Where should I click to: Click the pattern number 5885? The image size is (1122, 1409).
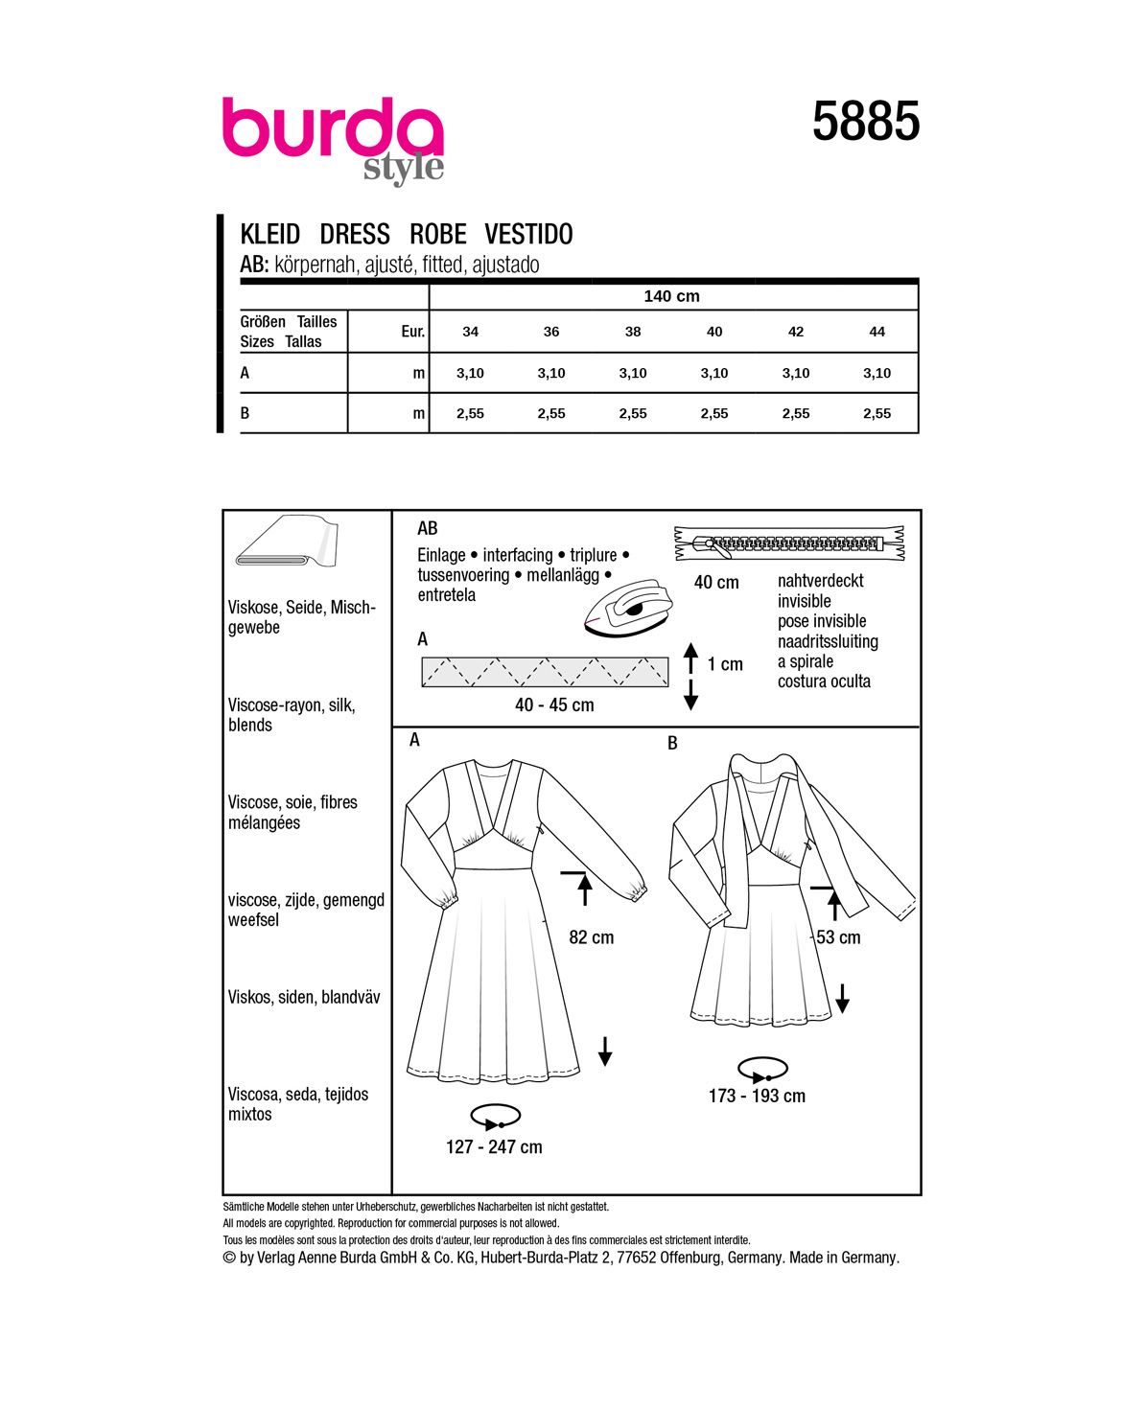(866, 123)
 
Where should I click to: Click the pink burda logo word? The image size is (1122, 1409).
(332, 129)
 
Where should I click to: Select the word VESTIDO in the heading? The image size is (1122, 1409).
(528, 235)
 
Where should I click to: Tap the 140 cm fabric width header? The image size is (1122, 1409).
(671, 296)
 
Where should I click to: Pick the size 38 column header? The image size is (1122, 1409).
(633, 332)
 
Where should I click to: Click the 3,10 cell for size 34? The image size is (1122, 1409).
(470, 373)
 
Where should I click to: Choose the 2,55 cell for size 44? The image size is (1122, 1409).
(877, 413)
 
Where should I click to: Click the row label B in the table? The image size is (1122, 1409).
(245, 413)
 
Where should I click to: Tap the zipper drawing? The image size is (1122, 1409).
(789, 543)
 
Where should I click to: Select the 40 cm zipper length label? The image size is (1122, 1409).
(716, 583)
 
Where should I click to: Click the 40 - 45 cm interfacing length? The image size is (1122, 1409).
(554, 705)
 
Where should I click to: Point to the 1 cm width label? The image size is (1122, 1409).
(725, 664)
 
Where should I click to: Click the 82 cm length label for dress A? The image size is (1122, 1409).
(591, 937)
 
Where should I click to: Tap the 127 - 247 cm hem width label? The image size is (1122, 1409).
(494, 1147)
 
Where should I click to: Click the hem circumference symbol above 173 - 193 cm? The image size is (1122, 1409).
(762, 1069)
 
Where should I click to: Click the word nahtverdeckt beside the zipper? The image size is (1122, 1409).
(820, 581)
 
